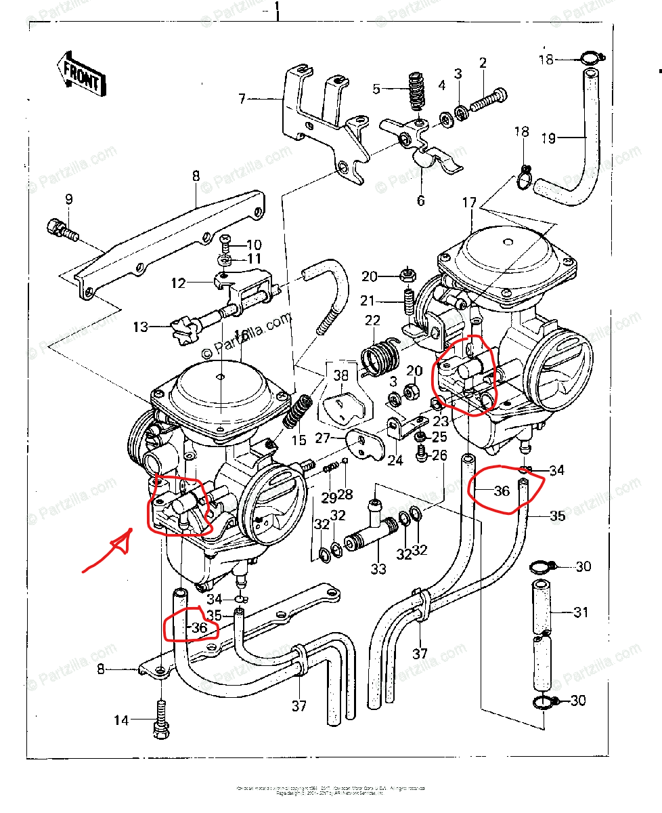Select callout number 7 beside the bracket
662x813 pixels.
coord(242,99)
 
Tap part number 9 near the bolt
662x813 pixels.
coord(68,199)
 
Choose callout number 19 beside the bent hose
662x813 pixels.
coord(549,138)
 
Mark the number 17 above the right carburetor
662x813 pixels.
coord(470,202)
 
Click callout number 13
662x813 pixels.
coord(140,328)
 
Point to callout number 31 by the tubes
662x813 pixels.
coord(581,612)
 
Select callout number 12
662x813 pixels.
coord(178,283)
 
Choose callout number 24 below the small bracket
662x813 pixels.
coord(395,461)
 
